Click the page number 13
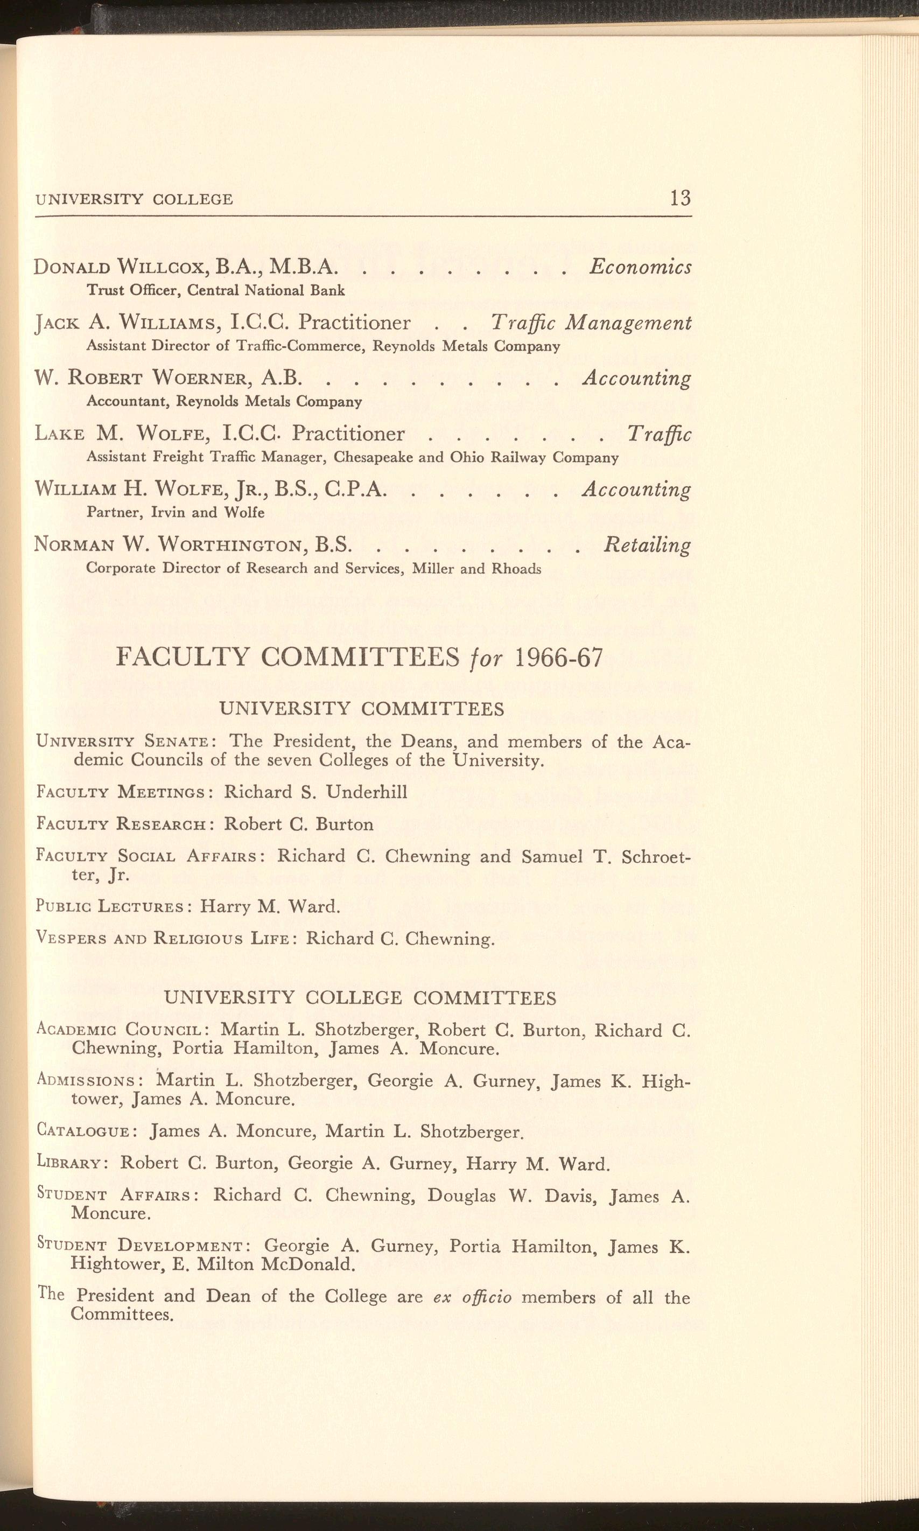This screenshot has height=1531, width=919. pos(679,198)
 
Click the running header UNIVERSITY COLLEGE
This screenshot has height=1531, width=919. pos(135,199)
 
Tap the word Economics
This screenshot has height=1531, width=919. pos(640,267)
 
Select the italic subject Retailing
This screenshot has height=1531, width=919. pos(647,545)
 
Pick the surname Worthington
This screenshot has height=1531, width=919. pos(234,545)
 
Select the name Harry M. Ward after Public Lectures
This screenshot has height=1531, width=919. pos(270,907)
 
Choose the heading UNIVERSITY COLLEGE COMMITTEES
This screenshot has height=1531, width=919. pos(360,998)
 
